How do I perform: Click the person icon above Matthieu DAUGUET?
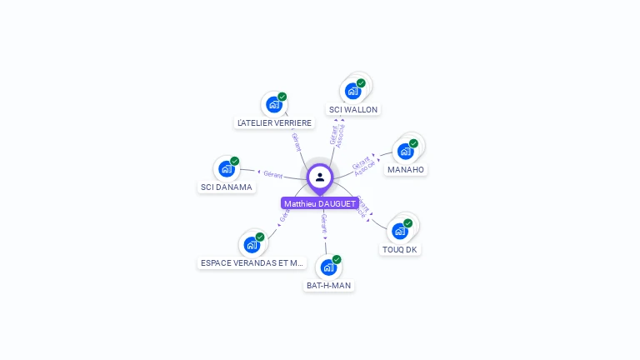[x=320, y=177]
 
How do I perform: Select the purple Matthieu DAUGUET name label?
[x=320, y=203]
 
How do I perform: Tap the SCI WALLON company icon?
[x=353, y=91]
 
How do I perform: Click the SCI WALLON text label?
[x=353, y=109]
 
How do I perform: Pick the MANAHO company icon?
[x=406, y=152]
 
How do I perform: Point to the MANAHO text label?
[x=406, y=169]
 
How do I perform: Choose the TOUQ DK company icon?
[x=400, y=231]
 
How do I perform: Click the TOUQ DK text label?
[x=400, y=249]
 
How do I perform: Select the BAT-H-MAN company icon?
[x=328, y=267]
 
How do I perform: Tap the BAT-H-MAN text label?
[x=328, y=285]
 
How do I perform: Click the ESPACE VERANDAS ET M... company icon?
[x=252, y=245]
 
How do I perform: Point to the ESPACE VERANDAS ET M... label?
[x=252, y=262]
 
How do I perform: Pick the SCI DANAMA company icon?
[x=226, y=169]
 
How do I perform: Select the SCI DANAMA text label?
[x=226, y=187]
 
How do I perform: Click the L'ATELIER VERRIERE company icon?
[x=273, y=105]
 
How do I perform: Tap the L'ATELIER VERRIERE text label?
[x=274, y=122]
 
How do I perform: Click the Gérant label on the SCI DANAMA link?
[x=273, y=174]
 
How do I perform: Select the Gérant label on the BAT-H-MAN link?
[x=324, y=222]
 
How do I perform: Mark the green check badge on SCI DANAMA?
[x=235, y=161]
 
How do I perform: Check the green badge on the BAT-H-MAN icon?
[x=337, y=259]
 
